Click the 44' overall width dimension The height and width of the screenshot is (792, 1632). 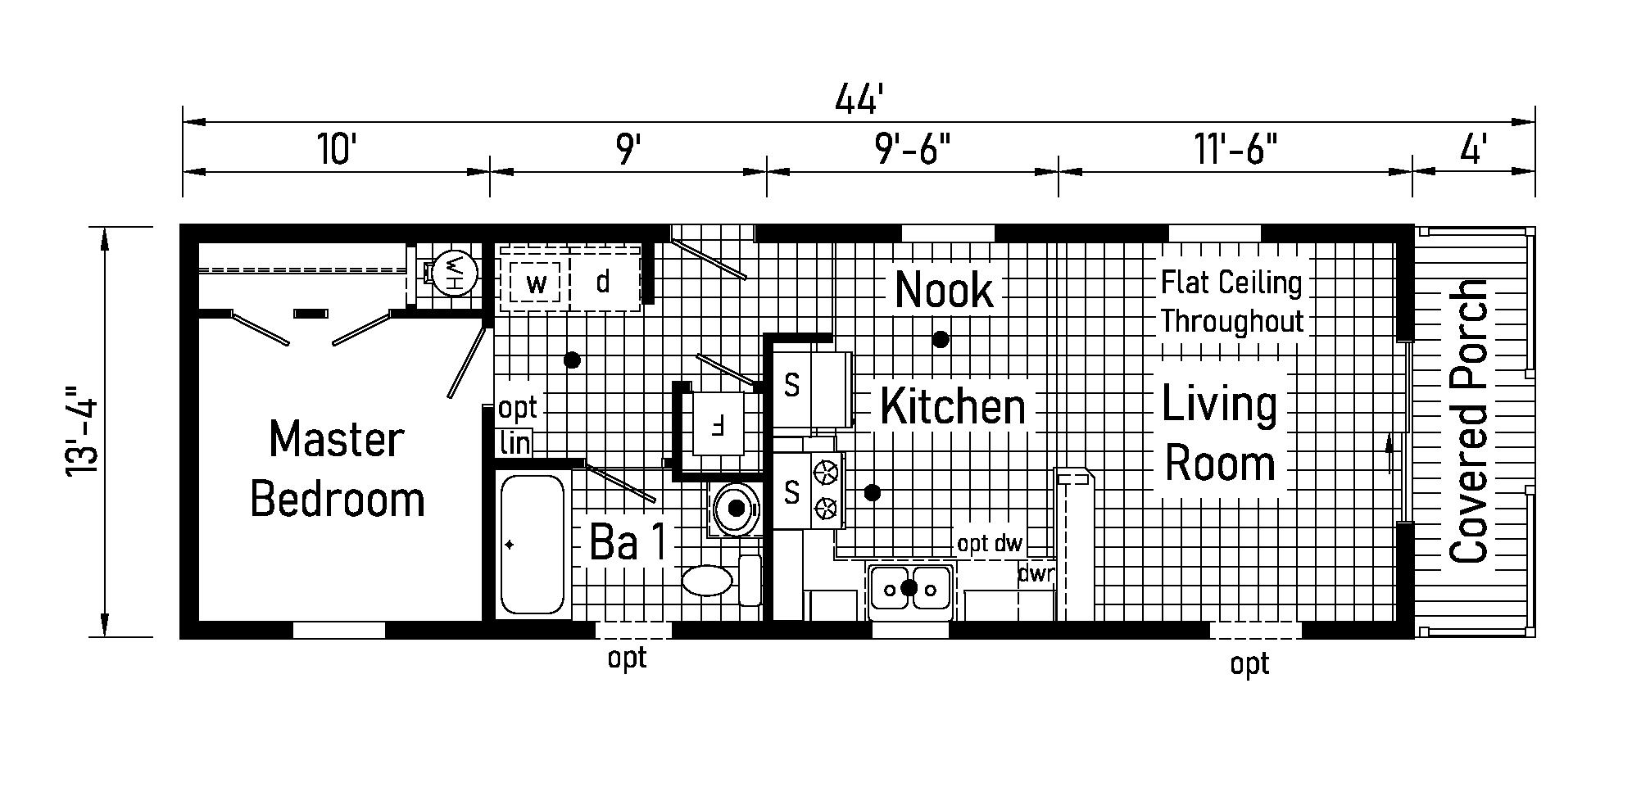click(x=859, y=100)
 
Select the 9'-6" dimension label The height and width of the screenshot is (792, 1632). click(x=913, y=150)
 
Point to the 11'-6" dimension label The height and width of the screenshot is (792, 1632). click(x=1235, y=150)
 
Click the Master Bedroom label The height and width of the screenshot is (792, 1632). click(x=338, y=468)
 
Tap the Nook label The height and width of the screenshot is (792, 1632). click(x=944, y=290)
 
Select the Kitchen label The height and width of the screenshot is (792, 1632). click(x=953, y=406)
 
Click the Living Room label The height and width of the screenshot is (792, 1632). click(x=1220, y=434)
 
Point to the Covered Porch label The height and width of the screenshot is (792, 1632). click(x=1468, y=422)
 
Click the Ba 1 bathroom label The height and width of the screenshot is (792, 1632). click(x=628, y=542)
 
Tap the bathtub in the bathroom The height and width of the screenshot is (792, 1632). click(x=533, y=545)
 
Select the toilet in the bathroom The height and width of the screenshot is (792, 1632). click(x=721, y=581)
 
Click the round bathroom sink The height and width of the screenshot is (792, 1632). click(x=736, y=509)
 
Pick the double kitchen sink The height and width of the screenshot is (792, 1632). click(x=909, y=587)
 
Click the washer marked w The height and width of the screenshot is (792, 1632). click(x=536, y=284)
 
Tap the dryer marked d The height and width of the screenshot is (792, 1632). click(x=605, y=283)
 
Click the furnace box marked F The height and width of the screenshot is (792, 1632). click(x=719, y=423)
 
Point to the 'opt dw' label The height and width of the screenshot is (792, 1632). click(x=990, y=544)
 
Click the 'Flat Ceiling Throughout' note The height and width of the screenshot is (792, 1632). click(x=1231, y=302)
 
